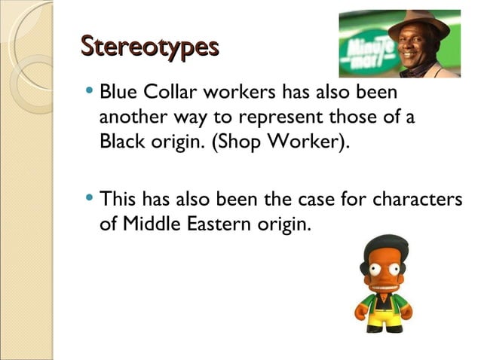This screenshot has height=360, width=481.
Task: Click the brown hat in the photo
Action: tap(418, 25)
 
